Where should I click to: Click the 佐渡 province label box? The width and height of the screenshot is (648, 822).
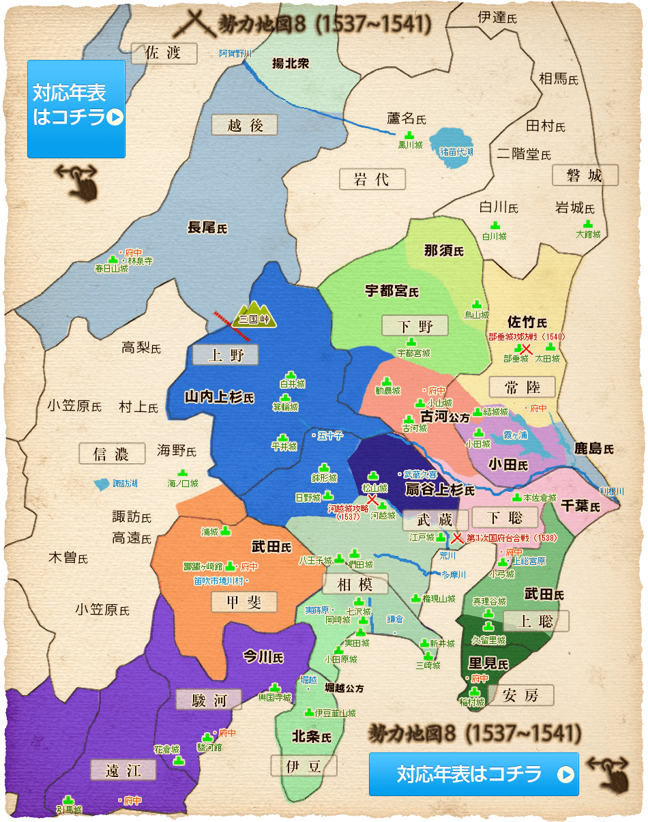point(163,53)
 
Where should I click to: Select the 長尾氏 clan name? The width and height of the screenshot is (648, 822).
point(207,227)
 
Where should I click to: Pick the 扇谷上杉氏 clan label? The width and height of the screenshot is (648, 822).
point(439,489)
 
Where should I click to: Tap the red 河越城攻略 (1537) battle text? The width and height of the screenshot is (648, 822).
point(348,512)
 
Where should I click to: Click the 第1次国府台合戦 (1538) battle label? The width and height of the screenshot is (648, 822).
point(512,538)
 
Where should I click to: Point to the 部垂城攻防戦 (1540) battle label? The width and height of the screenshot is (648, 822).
point(526,336)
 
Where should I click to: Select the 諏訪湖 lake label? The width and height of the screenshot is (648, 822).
point(124,483)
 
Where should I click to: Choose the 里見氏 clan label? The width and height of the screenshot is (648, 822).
point(488,663)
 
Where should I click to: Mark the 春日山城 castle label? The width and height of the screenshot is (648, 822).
point(111,269)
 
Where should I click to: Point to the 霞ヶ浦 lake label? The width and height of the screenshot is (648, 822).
point(515,435)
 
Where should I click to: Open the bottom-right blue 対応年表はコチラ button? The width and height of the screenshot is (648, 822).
point(473,774)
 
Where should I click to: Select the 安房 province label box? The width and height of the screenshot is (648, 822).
point(520,695)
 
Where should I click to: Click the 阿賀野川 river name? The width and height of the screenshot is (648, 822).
point(235,53)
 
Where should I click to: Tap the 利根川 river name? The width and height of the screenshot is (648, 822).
point(612,491)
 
